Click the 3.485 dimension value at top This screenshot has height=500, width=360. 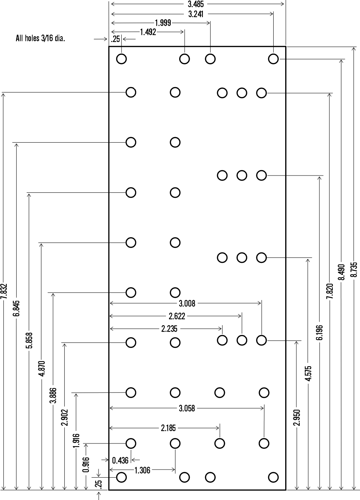point(196,4)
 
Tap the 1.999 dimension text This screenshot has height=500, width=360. point(163,23)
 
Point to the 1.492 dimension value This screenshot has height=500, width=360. point(148,32)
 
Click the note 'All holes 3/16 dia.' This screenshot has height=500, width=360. point(40,39)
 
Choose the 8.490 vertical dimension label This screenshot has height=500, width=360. point(341,272)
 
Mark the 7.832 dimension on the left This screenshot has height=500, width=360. point(4,291)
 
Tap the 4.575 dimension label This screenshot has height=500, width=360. point(308,373)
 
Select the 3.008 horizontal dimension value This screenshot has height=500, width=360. point(187,304)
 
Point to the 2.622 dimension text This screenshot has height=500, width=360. point(177,316)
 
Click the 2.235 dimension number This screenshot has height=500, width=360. point(169,329)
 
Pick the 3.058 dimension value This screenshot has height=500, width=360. point(187,408)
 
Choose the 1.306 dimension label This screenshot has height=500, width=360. point(142,470)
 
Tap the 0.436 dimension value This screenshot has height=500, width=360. point(120,460)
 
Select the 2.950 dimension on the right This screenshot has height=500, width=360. point(297,418)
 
